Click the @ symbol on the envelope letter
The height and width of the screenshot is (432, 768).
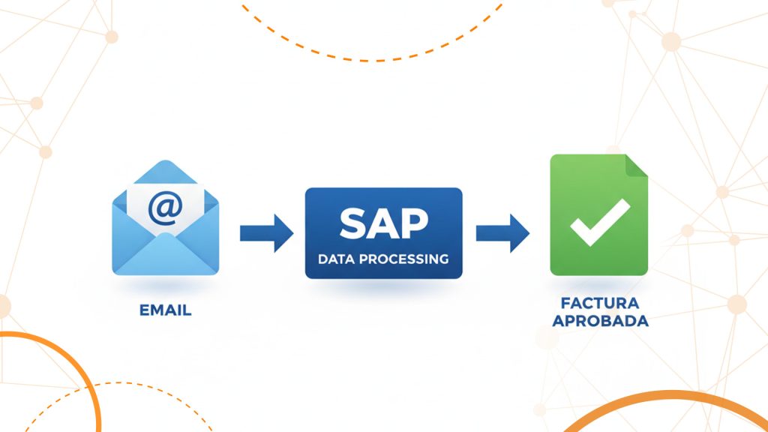tap(165, 207)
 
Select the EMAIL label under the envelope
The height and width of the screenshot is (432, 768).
tap(165, 309)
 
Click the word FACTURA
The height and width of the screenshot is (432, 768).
tap(599, 304)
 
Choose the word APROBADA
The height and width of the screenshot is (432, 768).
tap(599, 321)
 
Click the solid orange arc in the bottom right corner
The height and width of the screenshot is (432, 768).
tap(660, 397)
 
